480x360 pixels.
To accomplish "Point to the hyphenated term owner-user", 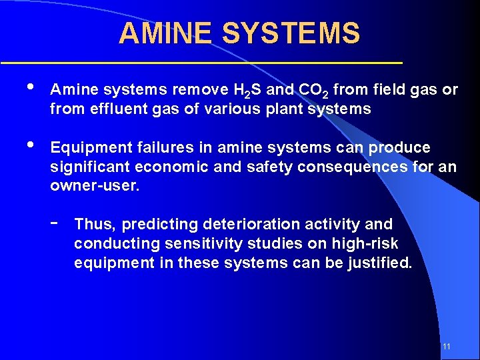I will coord(95,185).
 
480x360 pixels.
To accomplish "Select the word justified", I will coord(380,262).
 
